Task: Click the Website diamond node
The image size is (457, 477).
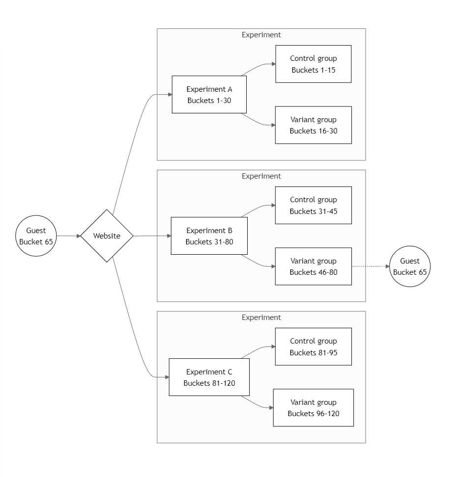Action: click(107, 236)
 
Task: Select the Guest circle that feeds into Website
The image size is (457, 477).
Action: click(36, 236)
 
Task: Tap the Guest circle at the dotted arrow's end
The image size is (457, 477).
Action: click(410, 266)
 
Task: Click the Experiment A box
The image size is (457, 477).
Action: click(209, 95)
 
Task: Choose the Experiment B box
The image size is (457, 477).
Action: click(209, 236)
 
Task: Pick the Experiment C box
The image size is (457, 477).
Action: click(209, 377)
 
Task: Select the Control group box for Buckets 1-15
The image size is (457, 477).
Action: click(313, 64)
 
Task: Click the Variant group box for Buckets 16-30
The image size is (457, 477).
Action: click(313, 125)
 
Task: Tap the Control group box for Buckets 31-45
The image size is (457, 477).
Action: click(313, 205)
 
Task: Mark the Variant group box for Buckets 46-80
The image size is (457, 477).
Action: click(313, 266)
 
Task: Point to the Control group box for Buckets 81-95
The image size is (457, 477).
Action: click(313, 346)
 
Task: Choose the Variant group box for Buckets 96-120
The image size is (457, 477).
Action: click(313, 408)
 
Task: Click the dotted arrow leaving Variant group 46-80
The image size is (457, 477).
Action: click(371, 266)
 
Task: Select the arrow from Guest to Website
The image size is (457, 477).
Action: click(68, 236)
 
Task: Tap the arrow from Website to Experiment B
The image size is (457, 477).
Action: click(152, 236)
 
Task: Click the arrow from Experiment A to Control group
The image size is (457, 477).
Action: click(258, 67)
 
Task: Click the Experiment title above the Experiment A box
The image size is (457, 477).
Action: click(261, 35)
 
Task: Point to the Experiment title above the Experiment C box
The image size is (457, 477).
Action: click(261, 318)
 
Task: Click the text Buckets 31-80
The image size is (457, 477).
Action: click(209, 242)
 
